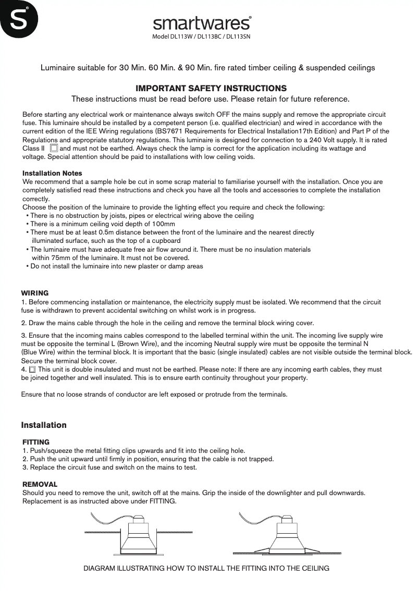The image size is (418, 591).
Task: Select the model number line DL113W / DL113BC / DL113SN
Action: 202,38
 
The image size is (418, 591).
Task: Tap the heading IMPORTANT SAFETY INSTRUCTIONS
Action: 211,88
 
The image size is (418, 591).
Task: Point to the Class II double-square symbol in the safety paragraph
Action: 54,149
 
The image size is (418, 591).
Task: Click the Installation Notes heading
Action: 52,173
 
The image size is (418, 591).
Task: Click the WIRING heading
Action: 34,293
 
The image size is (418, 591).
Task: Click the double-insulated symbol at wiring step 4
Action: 32,370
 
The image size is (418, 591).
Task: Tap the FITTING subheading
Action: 36,442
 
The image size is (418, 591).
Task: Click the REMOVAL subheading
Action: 40,484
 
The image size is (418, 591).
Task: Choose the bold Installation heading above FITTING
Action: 44,425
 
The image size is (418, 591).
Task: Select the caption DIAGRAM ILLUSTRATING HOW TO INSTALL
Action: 206,568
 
